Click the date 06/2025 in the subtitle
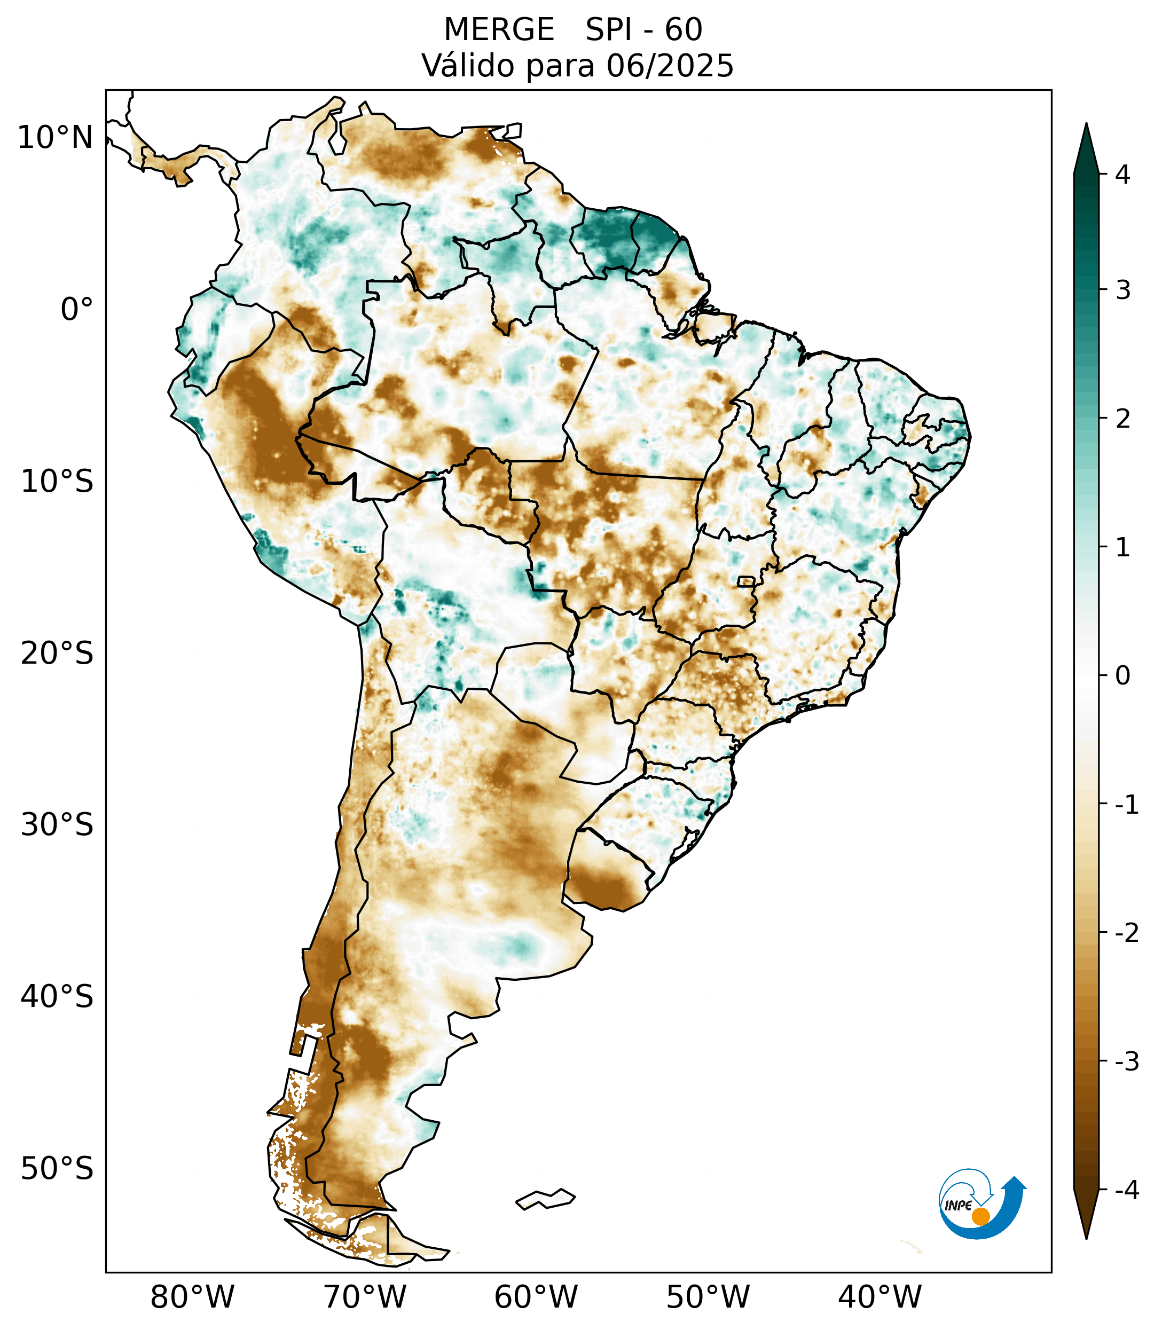click(x=670, y=66)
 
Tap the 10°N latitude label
click(x=56, y=138)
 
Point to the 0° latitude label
click(x=77, y=310)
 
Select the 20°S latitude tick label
click(x=57, y=654)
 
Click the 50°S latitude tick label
click(x=57, y=1169)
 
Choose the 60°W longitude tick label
click(x=536, y=1297)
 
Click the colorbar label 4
click(x=1122, y=175)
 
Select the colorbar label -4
click(x=1126, y=1191)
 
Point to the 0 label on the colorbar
click(x=1122, y=676)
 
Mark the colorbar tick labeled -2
click(x=1126, y=933)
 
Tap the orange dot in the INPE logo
click(x=980, y=1216)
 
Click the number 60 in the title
click(x=684, y=30)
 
